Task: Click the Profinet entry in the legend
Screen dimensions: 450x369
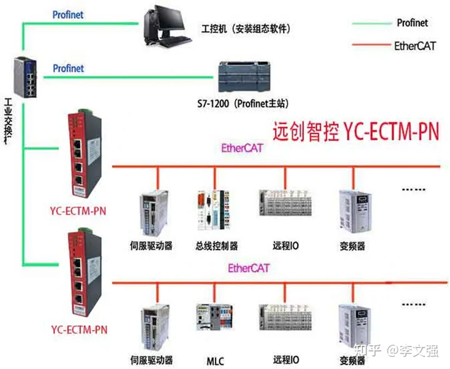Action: (x=412, y=23)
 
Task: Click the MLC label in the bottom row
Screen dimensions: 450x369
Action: (x=215, y=361)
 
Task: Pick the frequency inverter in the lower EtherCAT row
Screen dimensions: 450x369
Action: (x=352, y=325)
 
